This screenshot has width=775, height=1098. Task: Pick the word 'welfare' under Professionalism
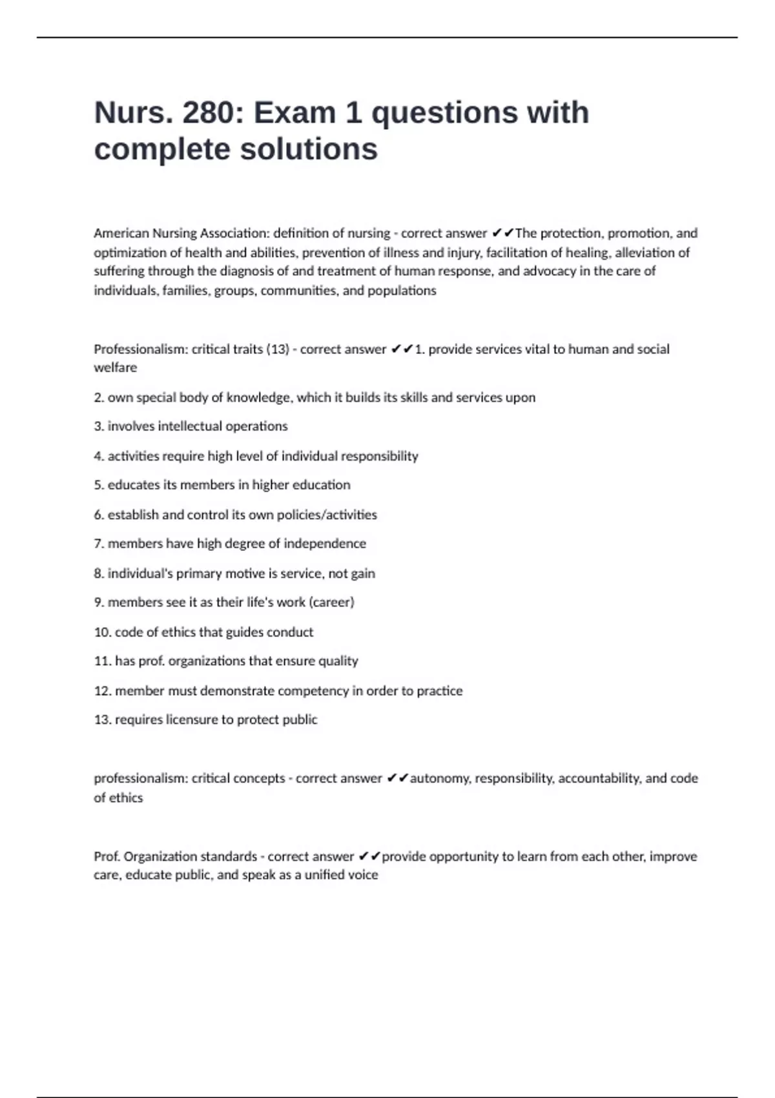(x=115, y=368)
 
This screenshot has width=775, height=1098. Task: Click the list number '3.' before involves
(x=99, y=426)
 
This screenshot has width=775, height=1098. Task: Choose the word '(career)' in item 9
(x=332, y=602)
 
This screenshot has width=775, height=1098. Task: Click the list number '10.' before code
(x=103, y=632)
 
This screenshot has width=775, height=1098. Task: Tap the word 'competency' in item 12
(x=313, y=690)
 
